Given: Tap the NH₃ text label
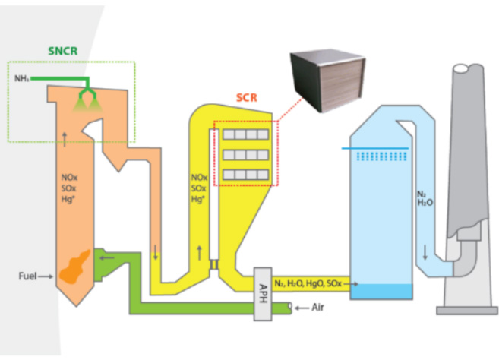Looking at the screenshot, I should [x=21, y=78].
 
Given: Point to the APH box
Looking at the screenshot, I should [x=261, y=292].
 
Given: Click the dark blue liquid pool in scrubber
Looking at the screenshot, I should [x=381, y=292].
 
